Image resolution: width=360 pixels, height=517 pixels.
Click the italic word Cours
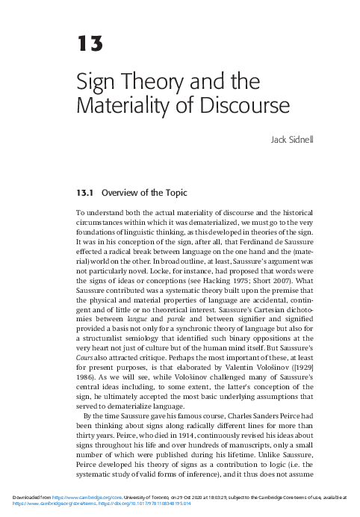coord(86,359)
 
